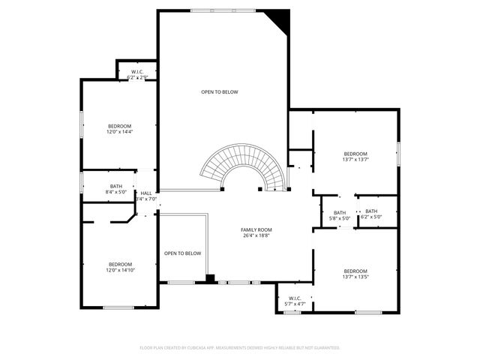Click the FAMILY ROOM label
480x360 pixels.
(256, 229)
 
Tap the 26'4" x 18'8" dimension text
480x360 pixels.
(256, 235)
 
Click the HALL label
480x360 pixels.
(146, 193)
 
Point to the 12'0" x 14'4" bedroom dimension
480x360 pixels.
(119, 132)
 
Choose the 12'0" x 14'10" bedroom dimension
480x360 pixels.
(120, 270)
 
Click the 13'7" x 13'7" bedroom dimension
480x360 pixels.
(355, 159)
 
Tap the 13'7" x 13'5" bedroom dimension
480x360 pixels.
(355, 277)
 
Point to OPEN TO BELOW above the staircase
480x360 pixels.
(220, 92)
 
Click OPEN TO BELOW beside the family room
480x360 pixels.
(182, 253)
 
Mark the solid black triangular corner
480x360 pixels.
(280, 18)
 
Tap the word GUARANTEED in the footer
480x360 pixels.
(324, 348)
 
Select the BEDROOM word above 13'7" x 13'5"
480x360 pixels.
(355, 271)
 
